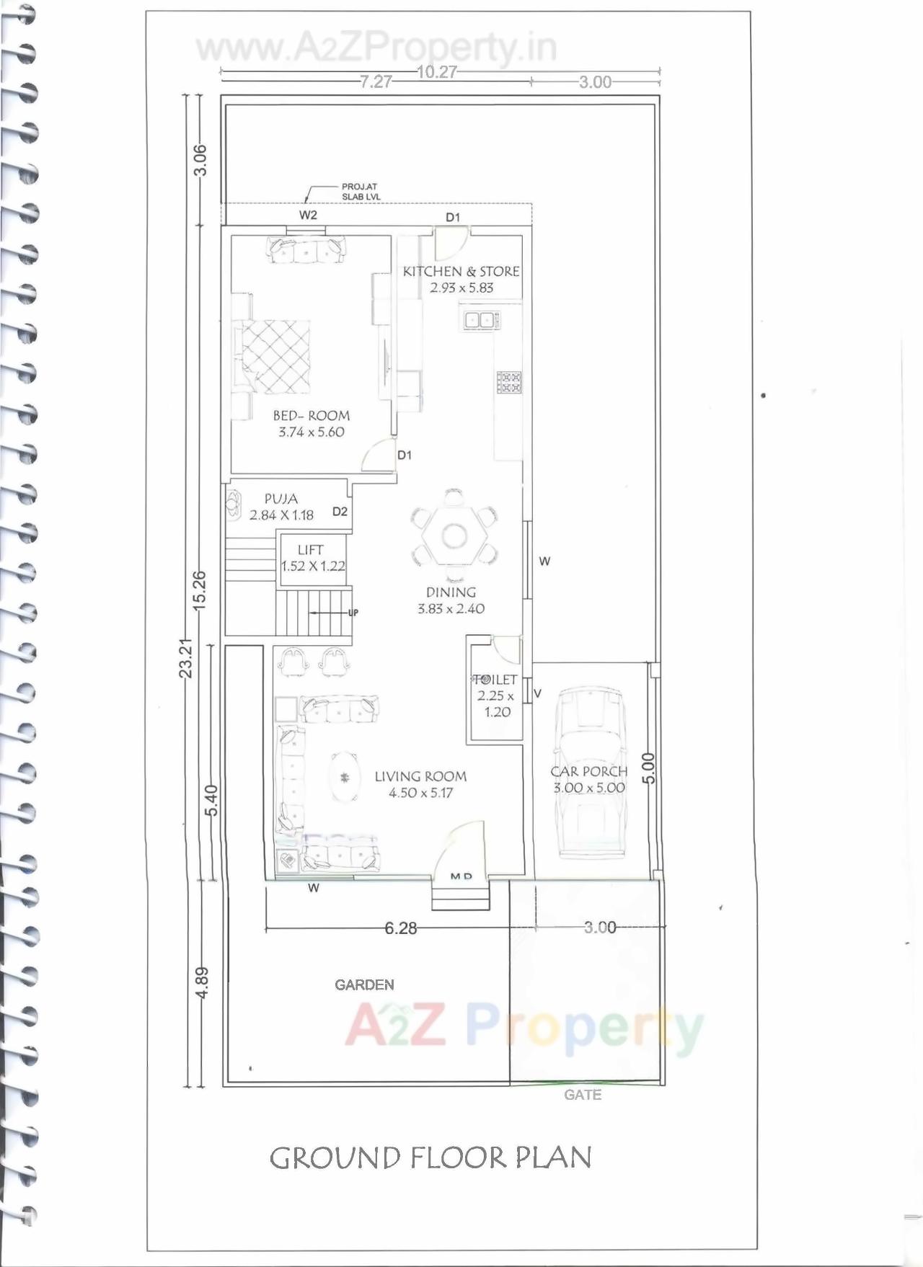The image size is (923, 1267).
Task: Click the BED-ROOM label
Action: [x=312, y=416]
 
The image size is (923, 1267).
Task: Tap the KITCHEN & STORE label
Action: [x=461, y=272]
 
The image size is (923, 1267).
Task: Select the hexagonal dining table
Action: [x=454, y=535]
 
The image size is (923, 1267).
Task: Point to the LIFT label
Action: [x=311, y=550]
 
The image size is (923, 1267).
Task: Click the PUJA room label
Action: [x=281, y=499]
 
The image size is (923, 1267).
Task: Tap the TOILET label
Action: [x=495, y=680]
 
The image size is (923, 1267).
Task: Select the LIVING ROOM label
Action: [x=420, y=776]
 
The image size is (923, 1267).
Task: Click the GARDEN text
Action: [x=364, y=984]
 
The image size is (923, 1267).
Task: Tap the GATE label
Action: [x=583, y=1095]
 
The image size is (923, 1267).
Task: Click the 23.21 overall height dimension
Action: [x=186, y=657]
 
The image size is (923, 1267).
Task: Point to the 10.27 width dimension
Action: [x=437, y=72]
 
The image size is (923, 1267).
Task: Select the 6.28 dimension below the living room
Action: [x=400, y=928]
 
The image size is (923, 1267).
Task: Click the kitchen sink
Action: [x=480, y=320]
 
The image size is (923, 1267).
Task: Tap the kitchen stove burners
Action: [x=509, y=382]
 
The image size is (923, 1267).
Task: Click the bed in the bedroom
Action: [x=275, y=357]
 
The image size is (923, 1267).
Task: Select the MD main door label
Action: [x=461, y=876]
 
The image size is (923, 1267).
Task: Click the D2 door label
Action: [x=340, y=512]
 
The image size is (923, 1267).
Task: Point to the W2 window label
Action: [x=308, y=215]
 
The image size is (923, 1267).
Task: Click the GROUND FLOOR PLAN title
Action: [x=430, y=1158]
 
